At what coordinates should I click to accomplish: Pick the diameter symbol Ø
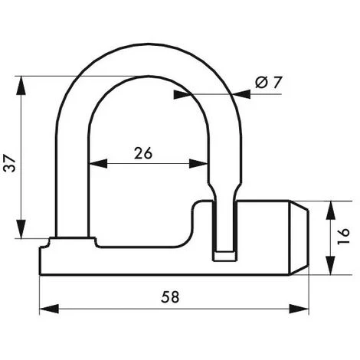262,81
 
